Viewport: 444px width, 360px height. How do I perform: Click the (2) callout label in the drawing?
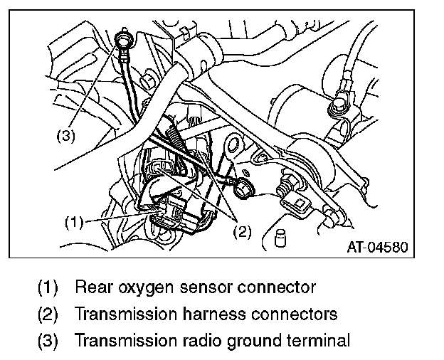tap(242, 231)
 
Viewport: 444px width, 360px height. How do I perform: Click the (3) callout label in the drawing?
tap(65, 136)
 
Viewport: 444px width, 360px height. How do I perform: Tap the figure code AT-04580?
tap(377, 248)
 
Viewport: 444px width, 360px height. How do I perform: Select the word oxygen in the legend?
tap(157, 288)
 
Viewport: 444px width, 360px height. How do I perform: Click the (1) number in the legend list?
tap(48, 288)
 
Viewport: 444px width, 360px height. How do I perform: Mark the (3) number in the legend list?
tap(48, 340)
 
